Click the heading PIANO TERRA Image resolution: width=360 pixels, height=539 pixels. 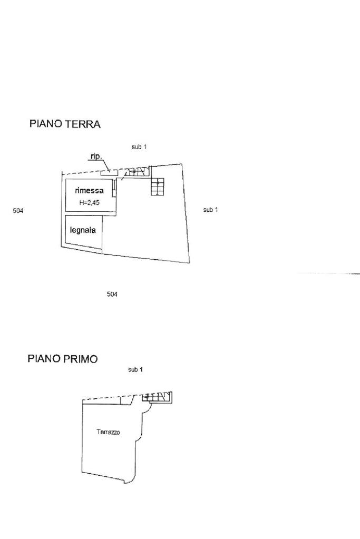[x=65, y=124]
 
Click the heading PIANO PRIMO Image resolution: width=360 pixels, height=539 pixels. [x=62, y=359]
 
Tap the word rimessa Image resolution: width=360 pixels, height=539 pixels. [x=89, y=191]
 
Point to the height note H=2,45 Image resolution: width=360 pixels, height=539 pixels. [x=89, y=202]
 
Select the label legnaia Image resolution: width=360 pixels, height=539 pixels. [x=83, y=230]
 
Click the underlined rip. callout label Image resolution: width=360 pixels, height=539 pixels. [x=95, y=156]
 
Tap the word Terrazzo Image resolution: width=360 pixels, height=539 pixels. [x=108, y=432]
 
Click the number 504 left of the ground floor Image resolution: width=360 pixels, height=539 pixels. [x=18, y=211]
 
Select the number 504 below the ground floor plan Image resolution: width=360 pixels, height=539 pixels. [x=112, y=294]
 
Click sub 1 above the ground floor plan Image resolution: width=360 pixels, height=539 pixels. [x=139, y=147]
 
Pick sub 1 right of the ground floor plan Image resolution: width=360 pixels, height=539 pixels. [x=210, y=210]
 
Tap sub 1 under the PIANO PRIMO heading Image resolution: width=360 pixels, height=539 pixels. [x=135, y=370]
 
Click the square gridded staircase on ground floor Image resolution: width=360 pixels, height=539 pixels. [x=158, y=187]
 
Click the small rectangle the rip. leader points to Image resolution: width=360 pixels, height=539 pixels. [x=106, y=171]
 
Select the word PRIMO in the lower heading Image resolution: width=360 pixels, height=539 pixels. [x=80, y=359]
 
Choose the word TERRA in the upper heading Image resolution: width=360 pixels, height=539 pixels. [x=83, y=124]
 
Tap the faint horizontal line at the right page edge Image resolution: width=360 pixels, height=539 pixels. [x=329, y=273]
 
